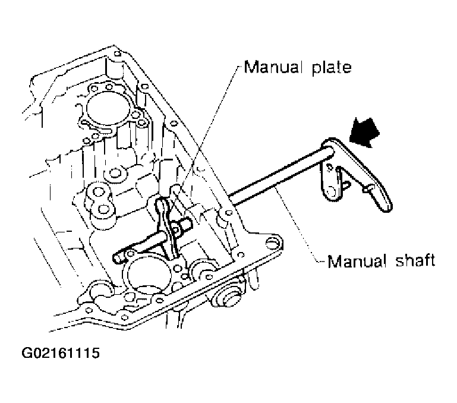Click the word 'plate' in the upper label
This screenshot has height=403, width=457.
[x=332, y=68]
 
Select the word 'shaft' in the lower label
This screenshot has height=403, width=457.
[x=415, y=260]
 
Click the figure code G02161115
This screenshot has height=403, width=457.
[x=61, y=353]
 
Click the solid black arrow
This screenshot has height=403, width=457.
[x=364, y=132]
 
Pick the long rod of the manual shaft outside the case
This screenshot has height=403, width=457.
[x=280, y=175]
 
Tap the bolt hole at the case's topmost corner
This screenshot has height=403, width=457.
[x=117, y=53]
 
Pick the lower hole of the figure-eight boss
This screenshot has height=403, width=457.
[x=103, y=209]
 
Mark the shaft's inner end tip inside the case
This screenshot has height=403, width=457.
[x=117, y=257]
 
